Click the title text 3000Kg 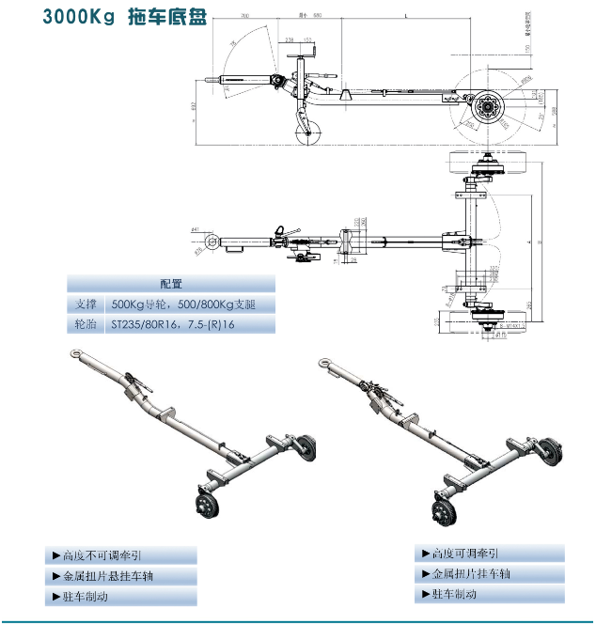tap(77, 19)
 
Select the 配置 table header tap(170, 284)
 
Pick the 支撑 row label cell tap(86, 304)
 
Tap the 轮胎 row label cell tap(86, 325)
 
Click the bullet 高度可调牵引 tap(465, 554)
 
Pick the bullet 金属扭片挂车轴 tap(474, 574)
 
